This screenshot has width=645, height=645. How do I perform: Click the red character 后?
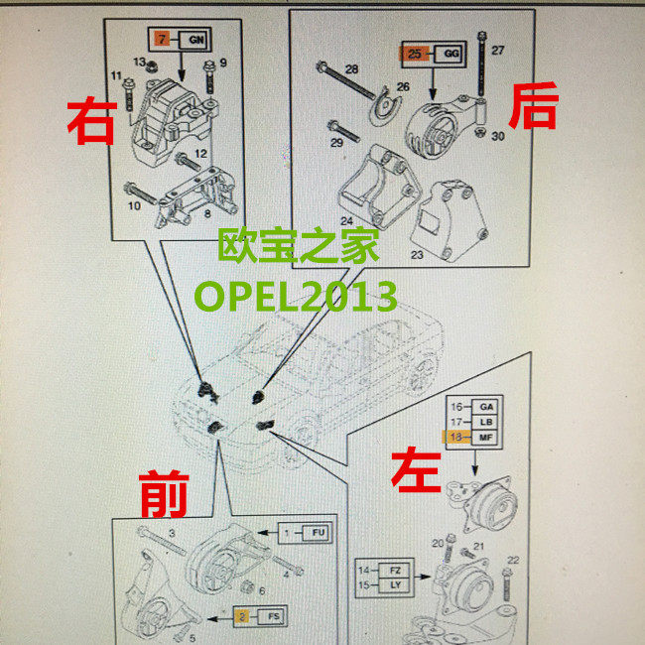click(x=532, y=107)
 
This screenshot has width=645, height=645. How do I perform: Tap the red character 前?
click(x=165, y=493)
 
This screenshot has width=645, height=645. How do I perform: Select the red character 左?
click(x=416, y=467)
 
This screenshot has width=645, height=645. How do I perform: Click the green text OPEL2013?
click(x=295, y=295)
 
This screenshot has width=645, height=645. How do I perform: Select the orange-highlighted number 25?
click(x=415, y=53)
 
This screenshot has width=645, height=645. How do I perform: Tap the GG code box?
click(x=449, y=53)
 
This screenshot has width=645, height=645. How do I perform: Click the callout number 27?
click(x=498, y=50)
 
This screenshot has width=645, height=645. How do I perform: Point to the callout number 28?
click(x=352, y=68)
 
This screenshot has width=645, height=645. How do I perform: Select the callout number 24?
click(x=346, y=220)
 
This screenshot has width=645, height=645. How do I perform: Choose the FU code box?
click(x=318, y=533)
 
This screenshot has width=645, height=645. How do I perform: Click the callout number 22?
click(x=513, y=561)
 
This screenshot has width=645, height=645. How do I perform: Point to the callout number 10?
click(x=135, y=206)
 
